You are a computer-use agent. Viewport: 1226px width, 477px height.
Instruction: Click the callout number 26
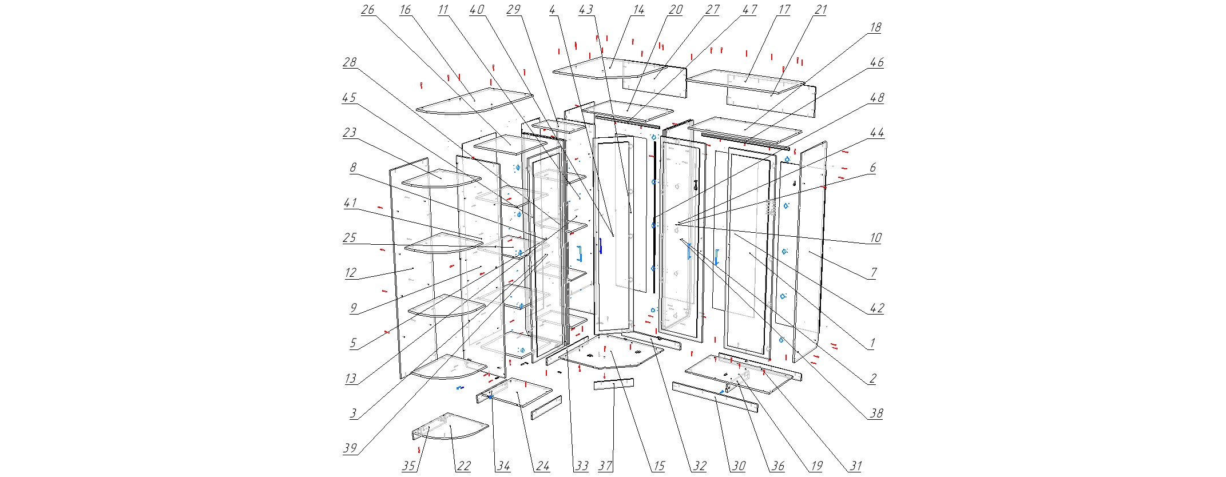click(367, 10)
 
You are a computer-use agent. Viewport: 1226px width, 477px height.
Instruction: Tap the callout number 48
click(876, 97)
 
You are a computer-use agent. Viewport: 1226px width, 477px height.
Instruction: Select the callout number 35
click(408, 466)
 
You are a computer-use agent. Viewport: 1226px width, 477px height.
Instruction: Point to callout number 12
click(350, 273)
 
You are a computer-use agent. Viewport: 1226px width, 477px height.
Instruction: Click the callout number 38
click(876, 413)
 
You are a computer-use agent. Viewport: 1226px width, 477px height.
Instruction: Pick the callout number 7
click(873, 273)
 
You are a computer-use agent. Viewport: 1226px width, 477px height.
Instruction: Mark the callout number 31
click(855, 466)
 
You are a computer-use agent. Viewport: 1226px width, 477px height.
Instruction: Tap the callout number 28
click(350, 62)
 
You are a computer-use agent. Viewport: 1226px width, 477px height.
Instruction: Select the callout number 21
click(820, 10)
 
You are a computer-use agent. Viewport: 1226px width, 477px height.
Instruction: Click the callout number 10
click(875, 237)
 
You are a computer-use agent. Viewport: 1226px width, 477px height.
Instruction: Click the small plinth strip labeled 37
click(613, 384)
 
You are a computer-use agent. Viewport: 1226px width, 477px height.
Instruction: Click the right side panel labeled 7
click(812, 252)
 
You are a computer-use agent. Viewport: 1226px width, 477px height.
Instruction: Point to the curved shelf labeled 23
click(441, 177)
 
